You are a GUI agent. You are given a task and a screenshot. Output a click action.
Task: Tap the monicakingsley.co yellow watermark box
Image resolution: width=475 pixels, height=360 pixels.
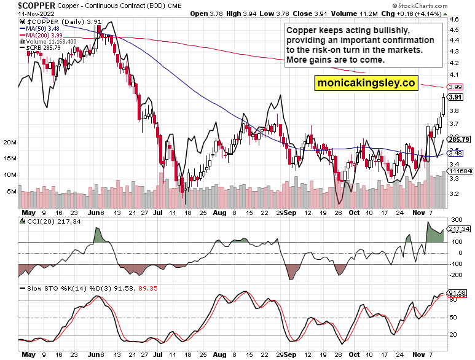tap(366, 82)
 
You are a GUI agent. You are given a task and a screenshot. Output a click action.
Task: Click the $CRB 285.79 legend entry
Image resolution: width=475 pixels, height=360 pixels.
tap(42, 48)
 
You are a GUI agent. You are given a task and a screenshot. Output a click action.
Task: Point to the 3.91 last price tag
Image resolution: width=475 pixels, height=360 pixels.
tap(455, 97)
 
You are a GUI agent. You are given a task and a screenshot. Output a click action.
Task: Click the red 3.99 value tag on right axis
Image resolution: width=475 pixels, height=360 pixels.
tap(455, 87)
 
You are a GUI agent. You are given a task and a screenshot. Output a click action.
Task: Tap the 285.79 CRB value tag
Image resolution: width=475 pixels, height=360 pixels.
tap(458, 139)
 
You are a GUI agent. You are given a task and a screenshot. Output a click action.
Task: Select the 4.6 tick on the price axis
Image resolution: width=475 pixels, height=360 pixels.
tap(455, 20)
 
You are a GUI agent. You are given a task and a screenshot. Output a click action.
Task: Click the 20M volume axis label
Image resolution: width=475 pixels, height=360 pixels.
tap(9, 143)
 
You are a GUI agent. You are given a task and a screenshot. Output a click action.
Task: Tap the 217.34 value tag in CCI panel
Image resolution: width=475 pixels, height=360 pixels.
tap(458, 229)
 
